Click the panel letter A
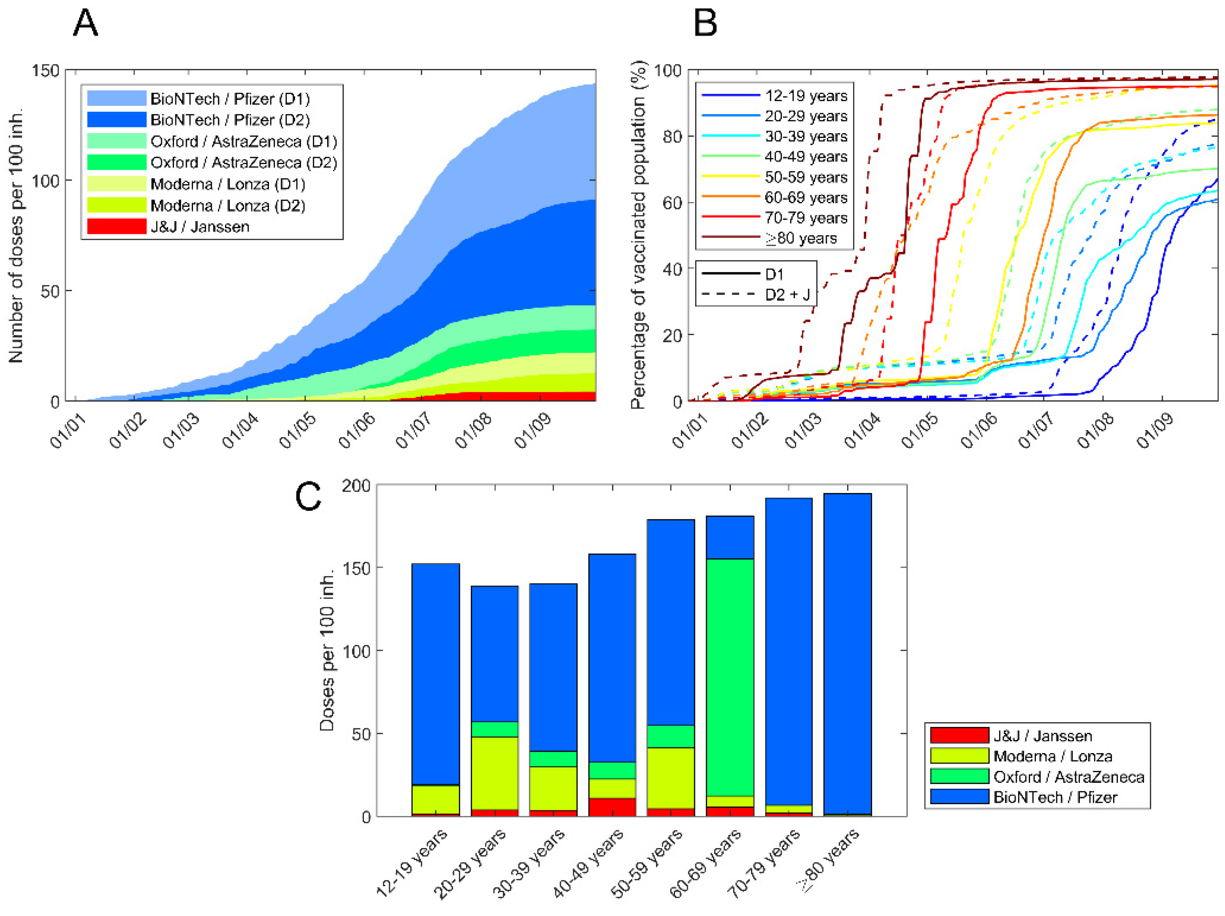pyautogui.click(x=85, y=24)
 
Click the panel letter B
pyautogui.click(x=705, y=24)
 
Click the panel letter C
pyautogui.click(x=308, y=496)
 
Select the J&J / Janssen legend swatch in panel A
pyautogui.click(x=116, y=226)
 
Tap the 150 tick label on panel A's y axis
pyautogui.click(x=45, y=71)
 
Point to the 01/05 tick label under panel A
pyautogui.click(x=297, y=430)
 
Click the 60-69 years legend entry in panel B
pyautogui.click(x=806, y=197)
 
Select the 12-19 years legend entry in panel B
pyautogui.click(x=806, y=96)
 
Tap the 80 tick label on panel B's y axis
pyautogui.click(x=672, y=136)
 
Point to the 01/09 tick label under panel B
pyautogui.click(x=1155, y=430)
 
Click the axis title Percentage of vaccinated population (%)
pyautogui.click(x=639, y=235)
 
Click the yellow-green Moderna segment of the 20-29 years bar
pyautogui.click(x=494, y=773)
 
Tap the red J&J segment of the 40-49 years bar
pyautogui.click(x=612, y=807)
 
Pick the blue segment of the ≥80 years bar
pyautogui.click(x=847, y=654)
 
